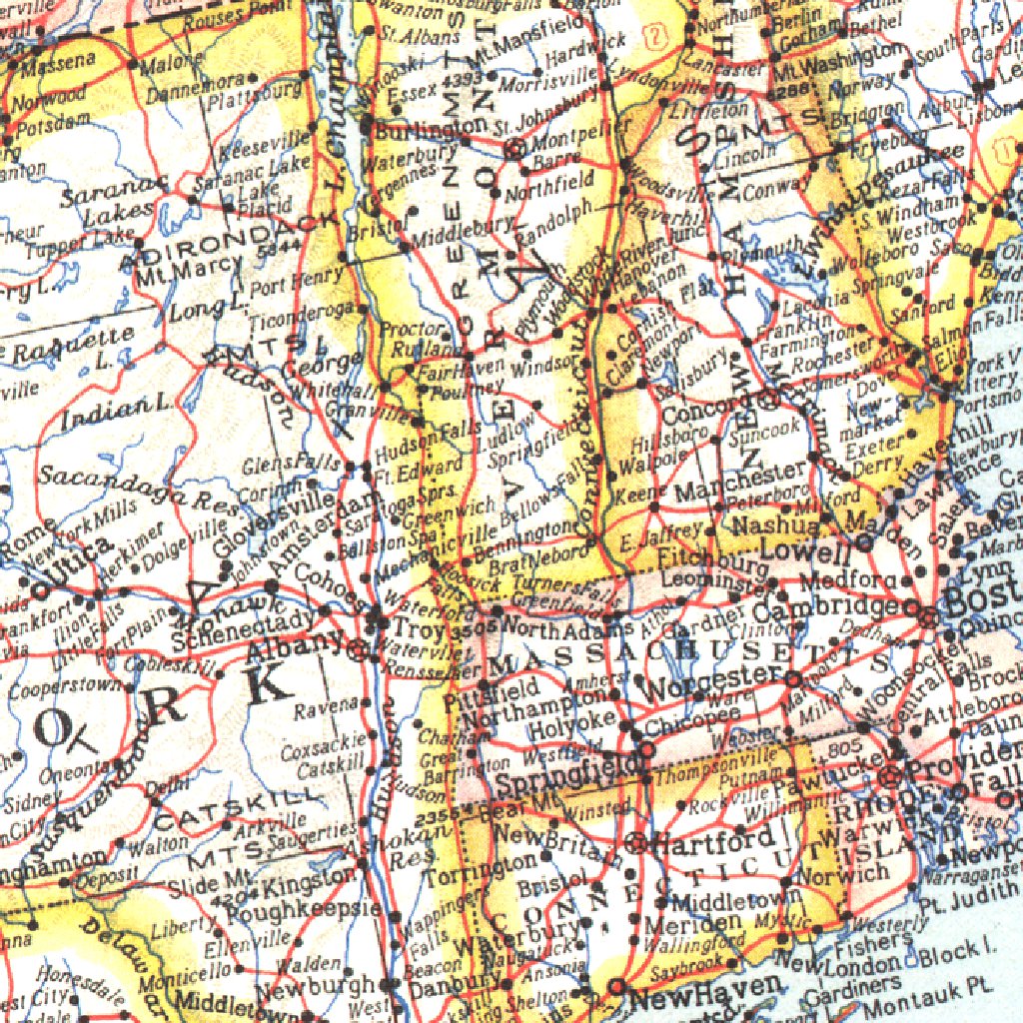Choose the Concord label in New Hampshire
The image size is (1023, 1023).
coord(698,413)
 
